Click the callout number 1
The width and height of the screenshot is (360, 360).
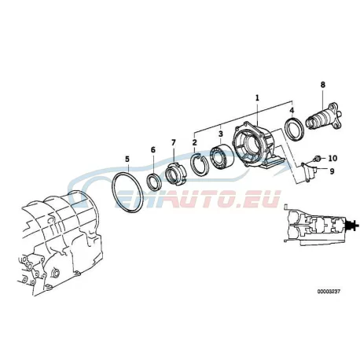[257, 98]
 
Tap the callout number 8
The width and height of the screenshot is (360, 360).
[322, 85]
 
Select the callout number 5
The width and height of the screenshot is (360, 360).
[127, 159]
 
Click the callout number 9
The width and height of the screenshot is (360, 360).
[332, 171]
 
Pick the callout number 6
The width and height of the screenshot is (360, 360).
[153, 150]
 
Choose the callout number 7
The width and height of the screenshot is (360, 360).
[174, 142]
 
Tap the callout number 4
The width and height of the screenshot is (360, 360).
[292, 111]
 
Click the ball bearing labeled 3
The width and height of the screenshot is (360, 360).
[221, 156]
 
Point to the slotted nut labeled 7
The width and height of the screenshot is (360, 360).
[176, 174]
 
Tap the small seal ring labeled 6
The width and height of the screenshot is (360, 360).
[155, 181]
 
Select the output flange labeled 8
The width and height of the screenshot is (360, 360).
[324, 119]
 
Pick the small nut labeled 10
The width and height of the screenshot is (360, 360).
[317, 158]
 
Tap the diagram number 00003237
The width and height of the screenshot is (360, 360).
[329, 292]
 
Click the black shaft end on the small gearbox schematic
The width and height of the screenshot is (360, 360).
[352, 226]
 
